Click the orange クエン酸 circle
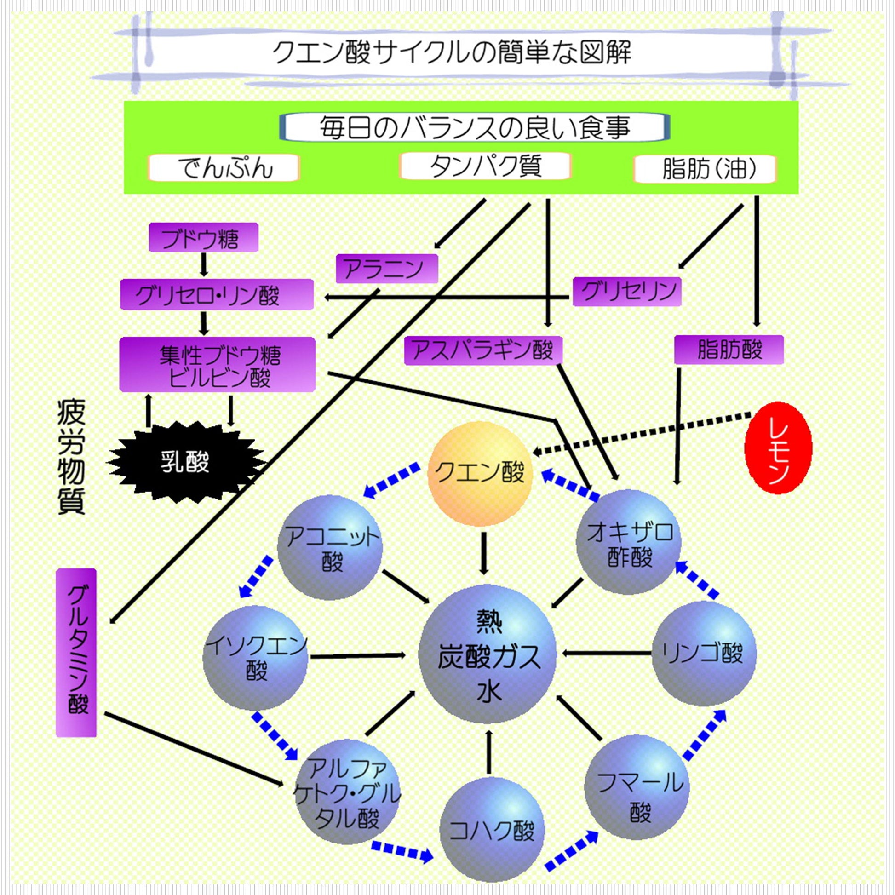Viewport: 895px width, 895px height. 480,473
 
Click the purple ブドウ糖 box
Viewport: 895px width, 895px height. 203,237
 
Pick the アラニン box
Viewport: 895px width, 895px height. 386,268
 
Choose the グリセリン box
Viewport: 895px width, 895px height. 626,292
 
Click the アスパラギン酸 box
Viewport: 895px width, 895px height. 483,350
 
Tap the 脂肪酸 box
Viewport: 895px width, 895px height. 728,350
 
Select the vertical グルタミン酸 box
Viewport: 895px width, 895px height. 76,653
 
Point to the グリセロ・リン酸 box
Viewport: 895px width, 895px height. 216,294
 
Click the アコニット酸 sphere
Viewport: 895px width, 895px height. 330,548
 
